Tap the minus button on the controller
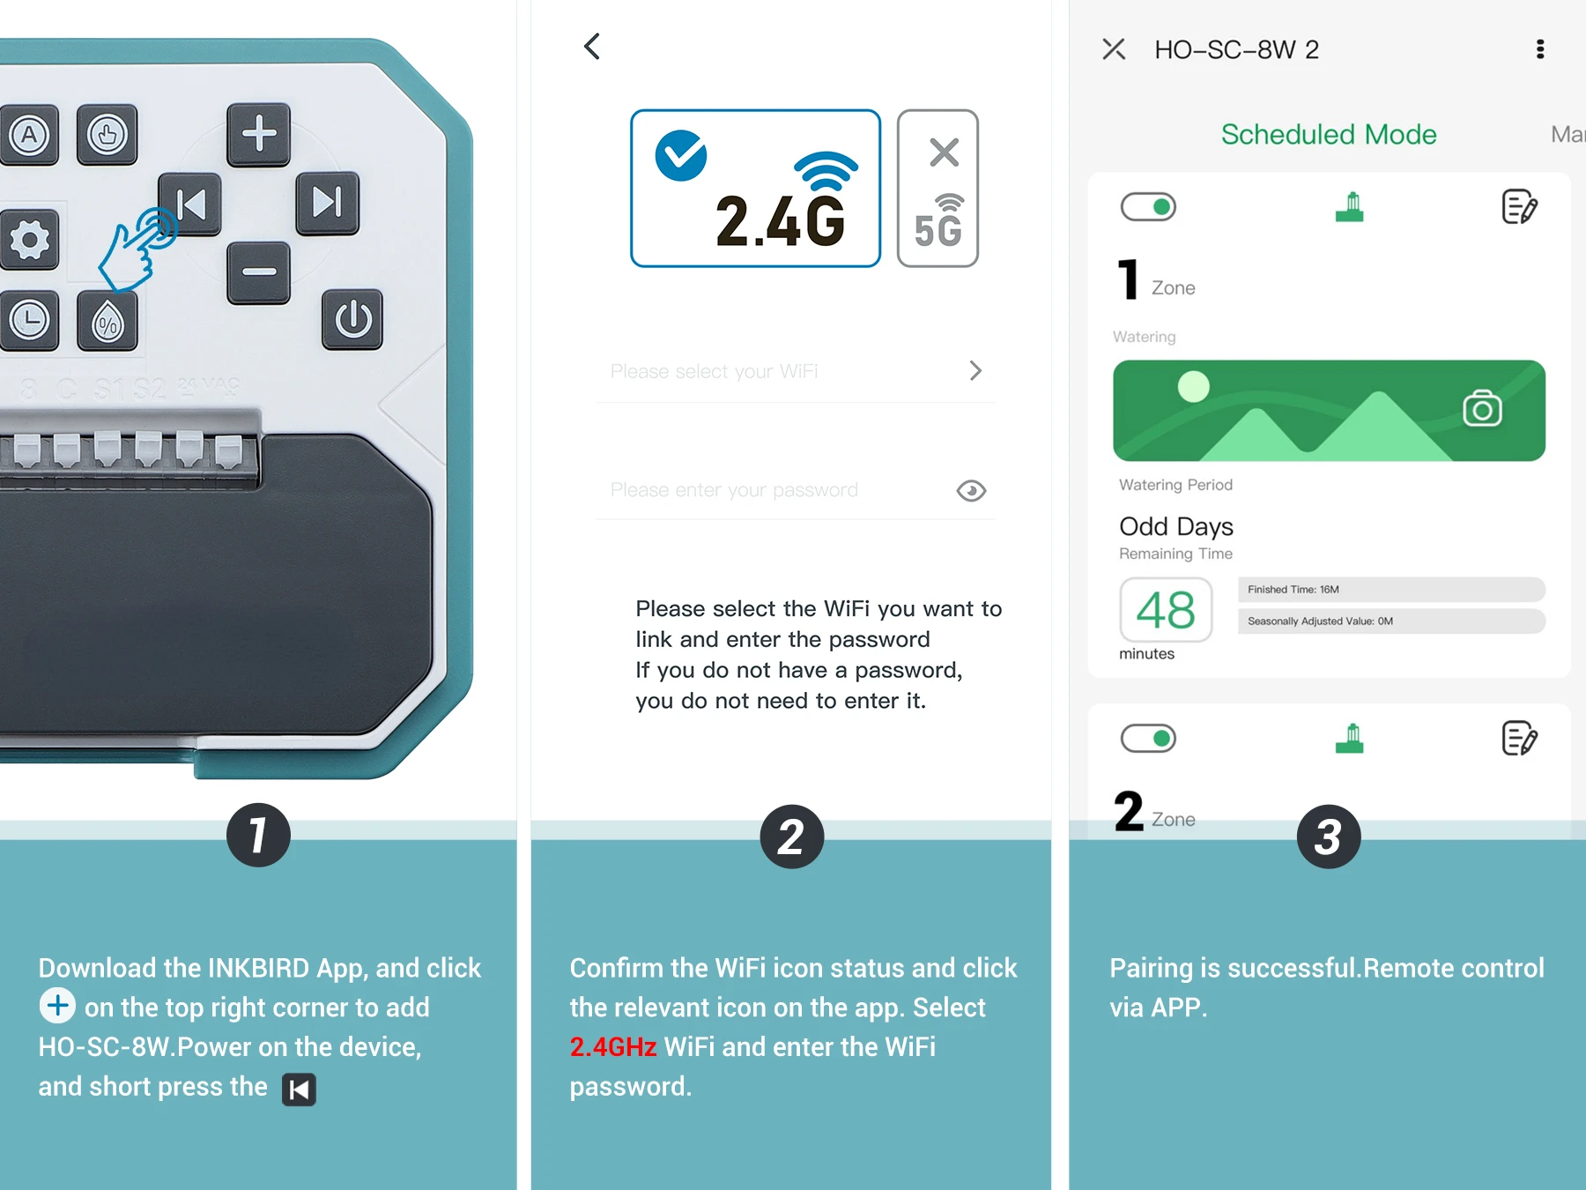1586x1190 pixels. [x=258, y=272]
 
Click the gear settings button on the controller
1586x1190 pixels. [x=29, y=240]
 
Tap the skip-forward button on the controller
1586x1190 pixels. [x=327, y=203]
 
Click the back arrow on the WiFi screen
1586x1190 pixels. [x=592, y=47]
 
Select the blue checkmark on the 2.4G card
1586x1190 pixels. [x=681, y=155]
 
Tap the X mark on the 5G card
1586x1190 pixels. [x=944, y=152]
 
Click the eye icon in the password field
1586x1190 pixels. [x=971, y=491]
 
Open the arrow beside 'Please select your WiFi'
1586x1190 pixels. [x=975, y=371]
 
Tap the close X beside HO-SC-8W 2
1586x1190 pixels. [x=1114, y=49]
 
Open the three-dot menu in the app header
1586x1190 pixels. [x=1540, y=49]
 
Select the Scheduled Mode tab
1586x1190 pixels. [x=1329, y=135]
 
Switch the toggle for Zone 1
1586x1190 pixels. [x=1148, y=207]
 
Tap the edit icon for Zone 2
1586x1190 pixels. [x=1519, y=739]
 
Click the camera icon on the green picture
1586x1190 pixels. [x=1482, y=409]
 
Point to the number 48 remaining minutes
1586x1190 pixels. [x=1166, y=610]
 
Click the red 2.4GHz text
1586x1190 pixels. [x=613, y=1047]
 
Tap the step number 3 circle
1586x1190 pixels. [x=1329, y=837]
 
